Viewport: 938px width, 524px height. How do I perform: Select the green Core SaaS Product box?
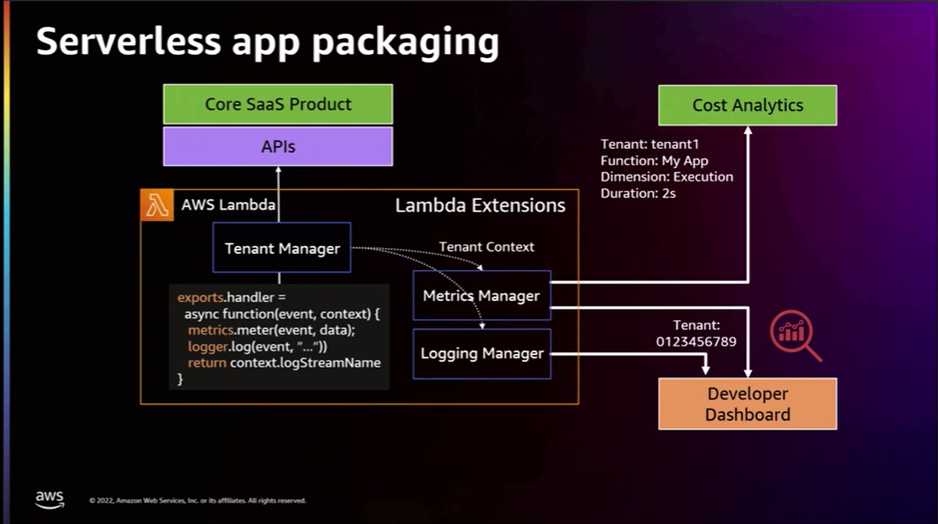click(x=278, y=104)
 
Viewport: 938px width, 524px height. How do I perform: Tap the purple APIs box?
click(x=278, y=147)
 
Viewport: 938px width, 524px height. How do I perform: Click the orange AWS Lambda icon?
click(x=157, y=206)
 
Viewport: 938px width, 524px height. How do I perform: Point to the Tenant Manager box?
click(x=282, y=248)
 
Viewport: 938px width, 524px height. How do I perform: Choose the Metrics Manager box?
click(x=480, y=295)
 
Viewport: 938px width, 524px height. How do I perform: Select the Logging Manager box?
click(x=481, y=353)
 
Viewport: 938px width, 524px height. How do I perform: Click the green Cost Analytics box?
click(x=747, y=105)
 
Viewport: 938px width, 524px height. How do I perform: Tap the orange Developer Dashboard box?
click(x=747, y=403)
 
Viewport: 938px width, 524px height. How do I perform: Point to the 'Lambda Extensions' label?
click(x=480, y=206)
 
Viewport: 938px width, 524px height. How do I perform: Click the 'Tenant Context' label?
click(x=486, y=247)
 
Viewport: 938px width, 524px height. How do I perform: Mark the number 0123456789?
click(x=696, y=342)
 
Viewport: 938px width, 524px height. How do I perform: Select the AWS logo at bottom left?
click(x=49, y=498)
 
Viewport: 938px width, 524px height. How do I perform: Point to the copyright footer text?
click(x=197, y=501)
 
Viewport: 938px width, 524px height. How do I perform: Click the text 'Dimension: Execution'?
click(x=667, y=177)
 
